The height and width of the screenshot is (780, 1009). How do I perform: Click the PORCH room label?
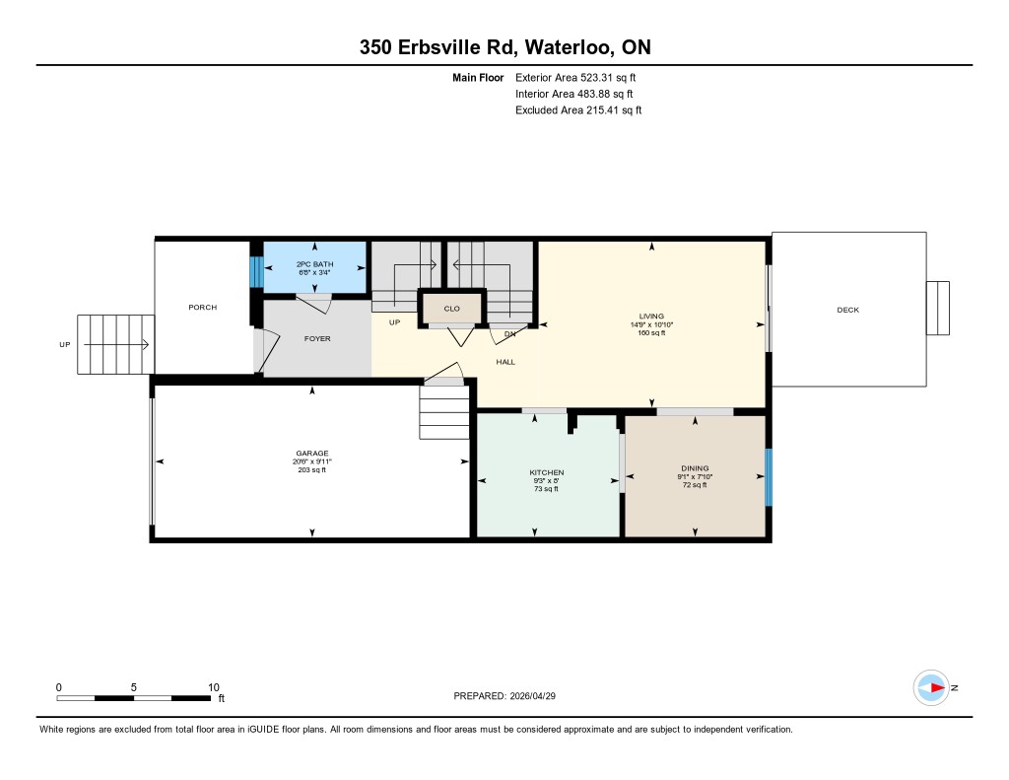click(x=203, y=308)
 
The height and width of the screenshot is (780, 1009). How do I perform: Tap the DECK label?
click(x=848, y=310)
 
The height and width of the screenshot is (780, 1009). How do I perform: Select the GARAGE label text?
click(x=312, y=454)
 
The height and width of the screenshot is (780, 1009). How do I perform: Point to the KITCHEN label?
click(x=546, y=472)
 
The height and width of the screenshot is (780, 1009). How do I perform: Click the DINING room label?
click(x=695, y=468)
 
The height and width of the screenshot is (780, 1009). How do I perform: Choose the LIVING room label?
click(x=651, y=317)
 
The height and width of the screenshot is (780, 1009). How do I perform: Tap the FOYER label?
click(x=317, y=339)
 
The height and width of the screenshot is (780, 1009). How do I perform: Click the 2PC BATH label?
click(x=314, y=264)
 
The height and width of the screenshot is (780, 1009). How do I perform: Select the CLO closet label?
click(x=451, y=309)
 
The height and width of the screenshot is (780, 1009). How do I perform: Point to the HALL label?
click(x=505, y=362)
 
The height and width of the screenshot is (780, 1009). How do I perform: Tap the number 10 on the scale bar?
click(x=214, y=687)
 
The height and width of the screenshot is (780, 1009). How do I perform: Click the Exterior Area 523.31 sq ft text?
click(x=575, y=77)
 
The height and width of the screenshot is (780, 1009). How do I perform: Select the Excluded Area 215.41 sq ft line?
click(x=578, y=110)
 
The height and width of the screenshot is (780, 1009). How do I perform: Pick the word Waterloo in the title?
click(x=569, y=47)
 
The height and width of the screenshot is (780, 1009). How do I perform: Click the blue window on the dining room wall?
click(x=769, y=477)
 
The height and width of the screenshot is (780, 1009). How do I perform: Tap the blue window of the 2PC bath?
click(x=256, y=272)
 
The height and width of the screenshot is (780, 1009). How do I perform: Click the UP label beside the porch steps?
click(x=65, y=344)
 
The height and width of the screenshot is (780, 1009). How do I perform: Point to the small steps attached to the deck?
click(x=938, y=308)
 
